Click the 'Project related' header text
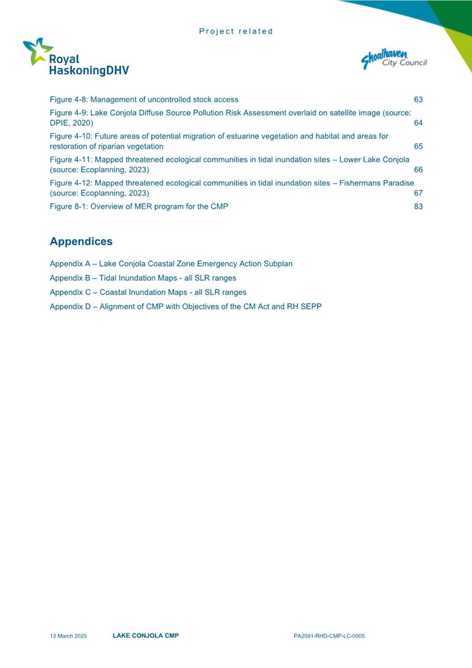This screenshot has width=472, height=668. [x=236, y=31]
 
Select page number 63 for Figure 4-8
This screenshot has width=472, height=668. [x=418, y=99]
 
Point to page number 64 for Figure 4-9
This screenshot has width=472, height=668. [x=418, y=123]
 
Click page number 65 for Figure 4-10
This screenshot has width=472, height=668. [x=418, y=146]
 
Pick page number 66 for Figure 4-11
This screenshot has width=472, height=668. [x=418, y=170]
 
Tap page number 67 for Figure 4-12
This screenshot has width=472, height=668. [x=418, y=193]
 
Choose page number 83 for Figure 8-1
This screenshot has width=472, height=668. [x=418, y=207]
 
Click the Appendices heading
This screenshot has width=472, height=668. [x=81, y=241]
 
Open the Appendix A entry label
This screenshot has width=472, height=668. [x=171, y=263]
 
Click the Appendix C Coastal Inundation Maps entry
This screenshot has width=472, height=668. [x=148, y=292]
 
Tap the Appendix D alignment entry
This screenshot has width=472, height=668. [x=185, y=306]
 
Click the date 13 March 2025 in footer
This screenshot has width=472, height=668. [x=68, y=636]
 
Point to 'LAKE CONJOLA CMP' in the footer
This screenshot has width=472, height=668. [x=145, y=635]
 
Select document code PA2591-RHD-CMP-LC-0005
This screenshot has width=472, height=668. [x=329, y=636]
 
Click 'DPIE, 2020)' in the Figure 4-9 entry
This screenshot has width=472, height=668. [x=71, y=123]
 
